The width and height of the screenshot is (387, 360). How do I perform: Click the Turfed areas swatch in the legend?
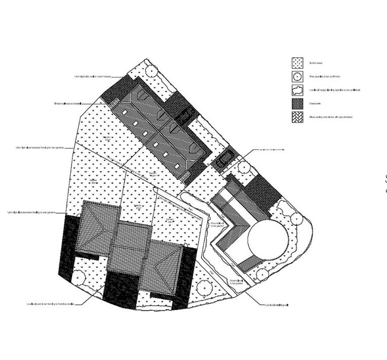pos(297,63)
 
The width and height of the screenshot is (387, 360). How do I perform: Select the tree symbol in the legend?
pos(297,77)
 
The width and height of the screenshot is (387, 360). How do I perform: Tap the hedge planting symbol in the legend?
pos(297,90)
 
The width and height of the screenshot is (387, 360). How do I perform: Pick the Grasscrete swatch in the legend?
pos(297,103)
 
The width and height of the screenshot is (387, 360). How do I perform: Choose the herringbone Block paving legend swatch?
pos(297,117)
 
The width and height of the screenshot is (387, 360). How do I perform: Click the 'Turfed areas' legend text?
pos(316,63)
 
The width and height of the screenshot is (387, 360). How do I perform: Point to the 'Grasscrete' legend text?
pos(315,103)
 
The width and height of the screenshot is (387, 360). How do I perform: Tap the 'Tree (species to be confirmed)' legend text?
pos(324,77)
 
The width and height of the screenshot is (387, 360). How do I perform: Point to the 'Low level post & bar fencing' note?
pos(51,304)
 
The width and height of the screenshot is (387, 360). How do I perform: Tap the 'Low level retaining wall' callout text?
pos(277,305)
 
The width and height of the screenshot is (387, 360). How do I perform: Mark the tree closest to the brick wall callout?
pos(151,70)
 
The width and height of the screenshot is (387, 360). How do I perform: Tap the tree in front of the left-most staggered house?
pos(78,278)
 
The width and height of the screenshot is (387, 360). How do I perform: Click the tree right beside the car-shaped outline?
pos(244,167)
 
